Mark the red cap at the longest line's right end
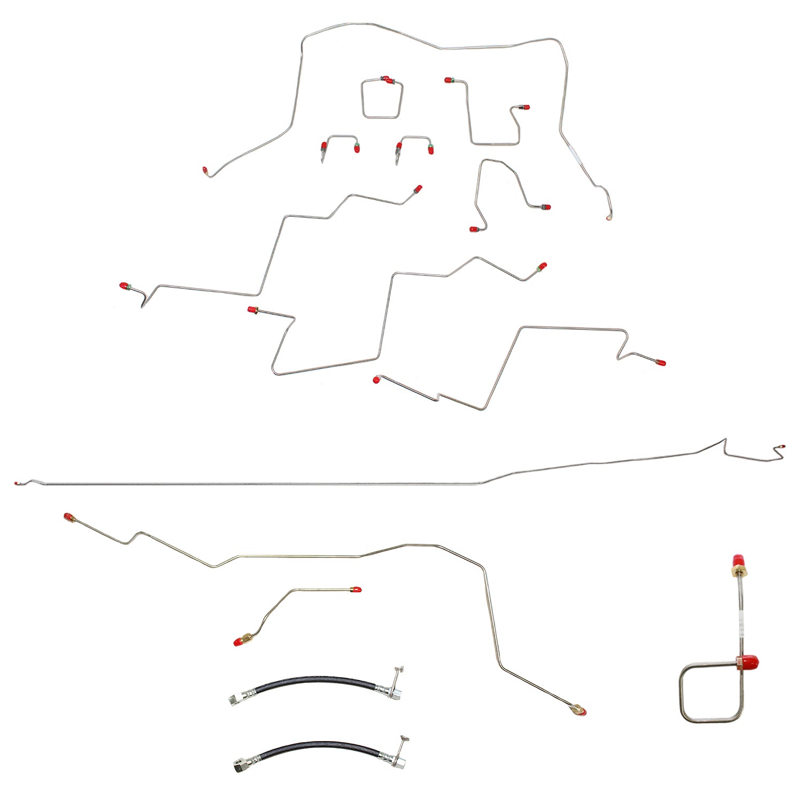tap(782, 445)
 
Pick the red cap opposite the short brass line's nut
tap(356, 590)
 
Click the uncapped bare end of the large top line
tap(608, 218)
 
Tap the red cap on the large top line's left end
tap(205, 170)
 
